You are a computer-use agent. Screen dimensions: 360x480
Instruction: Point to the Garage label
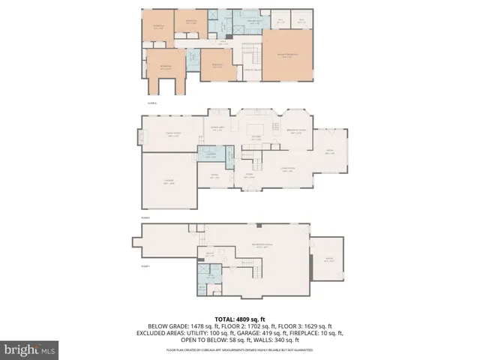click(x=169, y=182)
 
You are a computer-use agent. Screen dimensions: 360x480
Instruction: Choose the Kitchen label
click(x=256, y=136)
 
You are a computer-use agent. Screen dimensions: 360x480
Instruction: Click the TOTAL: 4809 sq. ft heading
click(x=240, y=319)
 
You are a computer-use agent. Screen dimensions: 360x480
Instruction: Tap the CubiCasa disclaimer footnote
click(x=240, y=349)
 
